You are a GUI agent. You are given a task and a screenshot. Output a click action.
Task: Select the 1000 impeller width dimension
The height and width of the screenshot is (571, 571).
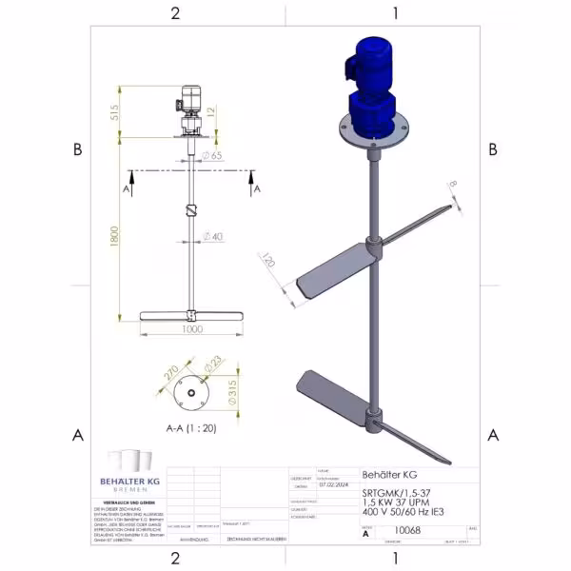(193, 329)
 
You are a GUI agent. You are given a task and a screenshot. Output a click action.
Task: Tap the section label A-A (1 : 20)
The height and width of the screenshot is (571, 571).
(191, 429)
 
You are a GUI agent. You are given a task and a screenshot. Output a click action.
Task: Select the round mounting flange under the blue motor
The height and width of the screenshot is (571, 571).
(370, 132)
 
